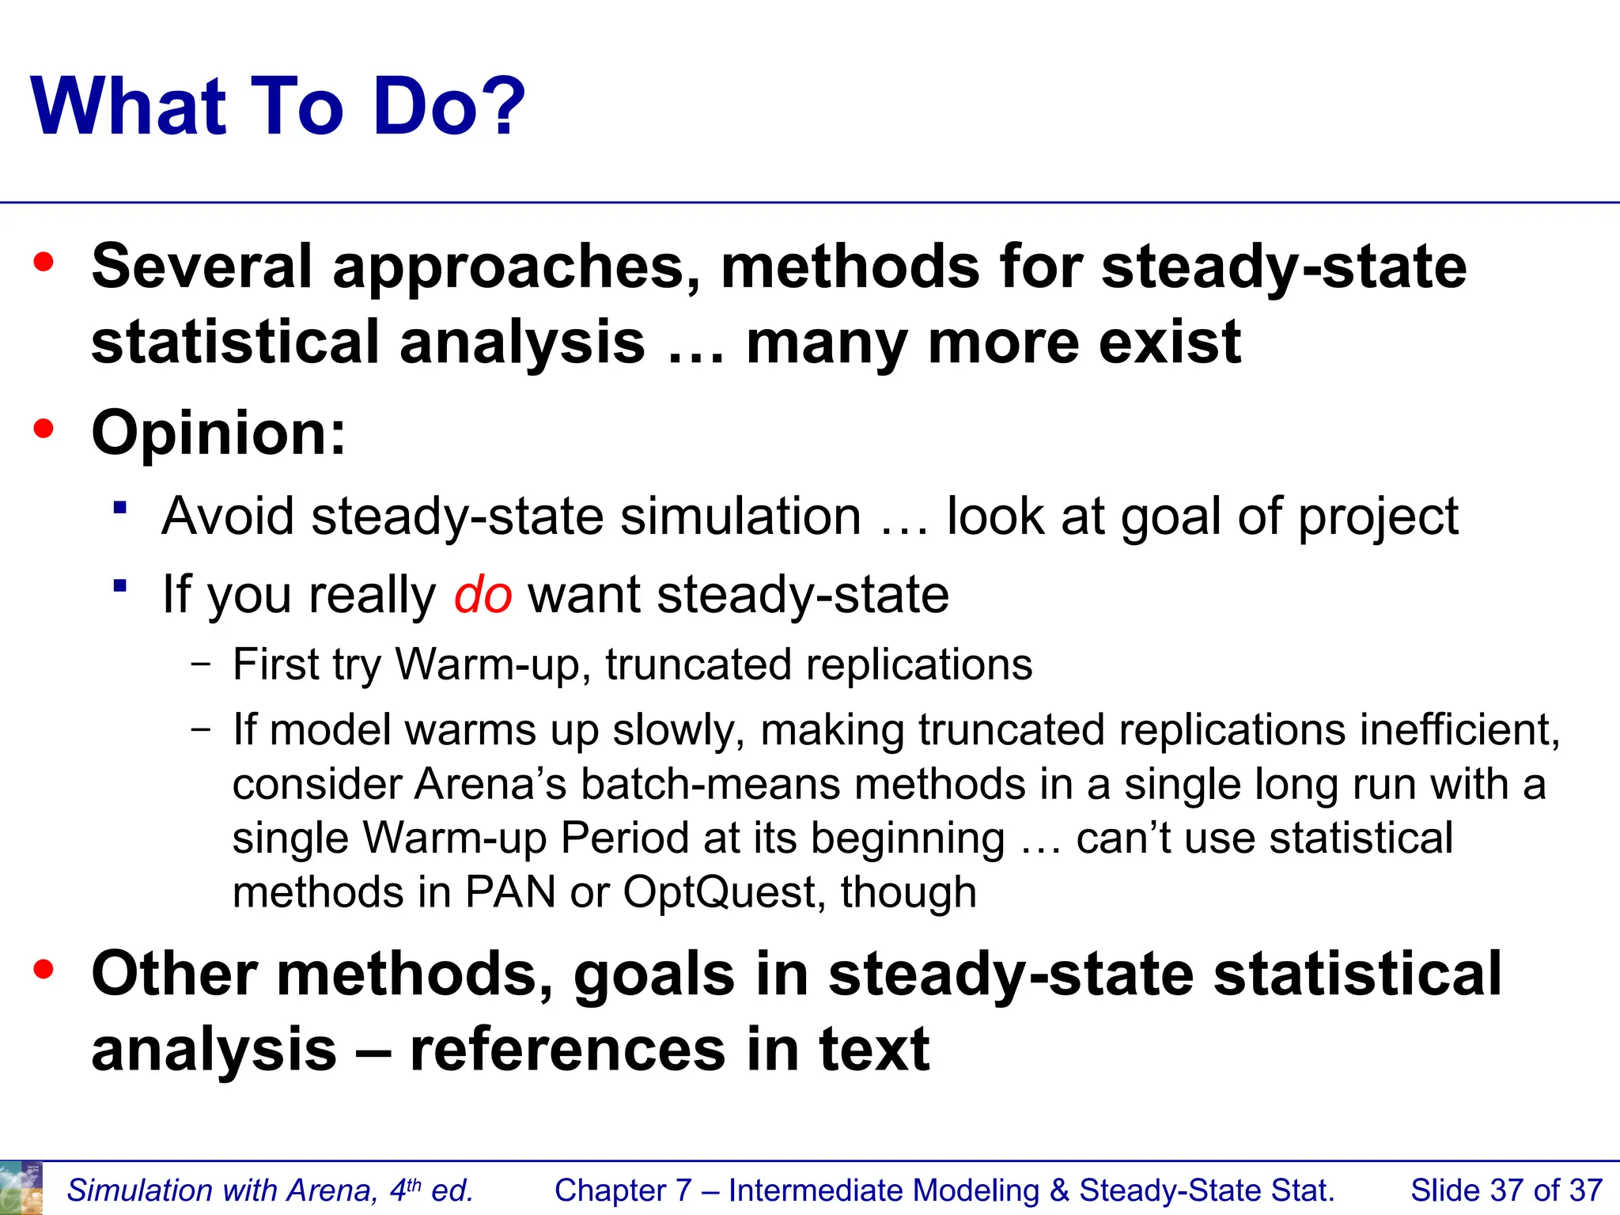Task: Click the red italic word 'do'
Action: [x=483, y=595]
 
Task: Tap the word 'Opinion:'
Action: [x=218, y=433]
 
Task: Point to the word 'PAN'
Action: [x=510, y=892]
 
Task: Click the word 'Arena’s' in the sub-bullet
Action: [x=490, y=785]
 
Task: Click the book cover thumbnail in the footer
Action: [x=21, y=1188]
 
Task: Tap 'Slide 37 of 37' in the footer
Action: [x=1506, y=1190]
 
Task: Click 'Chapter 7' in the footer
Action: [x=623, y=1190]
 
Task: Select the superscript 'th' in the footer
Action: [x=414, y=1183]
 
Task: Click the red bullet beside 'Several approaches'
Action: [x=44, y=263]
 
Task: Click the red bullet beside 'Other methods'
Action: [x=44, y=969]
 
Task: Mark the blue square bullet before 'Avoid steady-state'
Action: [x=120, y=508]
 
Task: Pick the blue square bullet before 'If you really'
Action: [x=120, y=586]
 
